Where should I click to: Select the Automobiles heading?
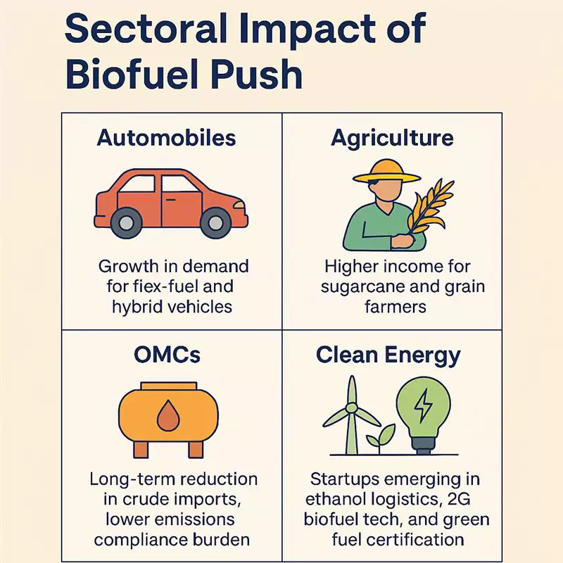click(x=166, y=137)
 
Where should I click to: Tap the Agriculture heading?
click(x=392, y=137)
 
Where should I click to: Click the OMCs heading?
click(x=167, y=354)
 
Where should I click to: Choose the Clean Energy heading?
click(x=388, y=354)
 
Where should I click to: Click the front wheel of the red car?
click(x=215, y=223)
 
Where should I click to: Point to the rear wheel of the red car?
click(x=126, y=223)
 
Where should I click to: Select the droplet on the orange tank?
click(x=167, y=416)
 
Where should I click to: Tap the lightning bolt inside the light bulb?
click(x=424, y=405)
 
